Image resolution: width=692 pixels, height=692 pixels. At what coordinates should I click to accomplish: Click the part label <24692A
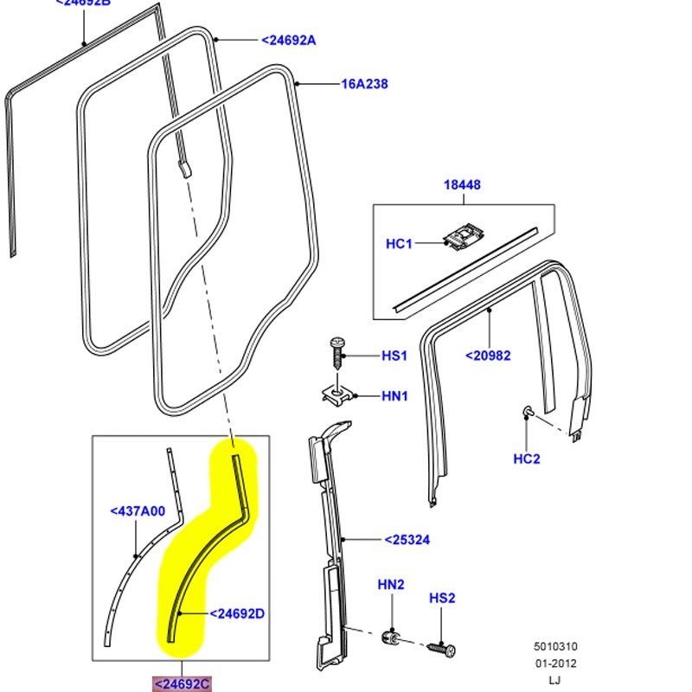(289, 40)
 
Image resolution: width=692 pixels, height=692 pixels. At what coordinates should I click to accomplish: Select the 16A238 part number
(364, 84)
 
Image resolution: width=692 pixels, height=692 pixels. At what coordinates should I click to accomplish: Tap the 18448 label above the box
(463, 185)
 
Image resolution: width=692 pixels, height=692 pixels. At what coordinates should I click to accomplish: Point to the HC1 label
(399, 244)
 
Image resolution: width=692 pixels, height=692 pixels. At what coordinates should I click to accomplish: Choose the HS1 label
(394, 356)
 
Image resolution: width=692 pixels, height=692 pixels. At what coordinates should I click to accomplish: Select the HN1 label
(394, 396)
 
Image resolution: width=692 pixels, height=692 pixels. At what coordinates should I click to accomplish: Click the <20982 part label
(488, 355)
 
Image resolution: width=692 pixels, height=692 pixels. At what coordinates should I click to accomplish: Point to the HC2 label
(527, 458)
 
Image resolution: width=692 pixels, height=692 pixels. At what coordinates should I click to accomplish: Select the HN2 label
(391, 585)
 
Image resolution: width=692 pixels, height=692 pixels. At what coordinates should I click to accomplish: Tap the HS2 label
(442, 599)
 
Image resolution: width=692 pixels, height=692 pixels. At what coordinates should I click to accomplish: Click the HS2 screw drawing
(441, 647)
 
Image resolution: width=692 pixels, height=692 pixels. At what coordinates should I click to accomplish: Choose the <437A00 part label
(138, 511)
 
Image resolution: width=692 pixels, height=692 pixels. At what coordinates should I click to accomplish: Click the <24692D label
(237, 614)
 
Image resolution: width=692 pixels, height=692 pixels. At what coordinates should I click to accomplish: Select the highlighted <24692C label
(182, 683)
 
